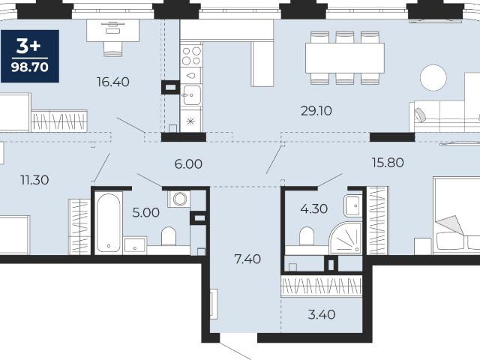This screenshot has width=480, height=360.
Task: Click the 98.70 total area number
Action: [30, 67]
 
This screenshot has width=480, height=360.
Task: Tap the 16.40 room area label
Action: [113, 82]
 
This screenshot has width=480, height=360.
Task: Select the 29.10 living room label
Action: [316, 111]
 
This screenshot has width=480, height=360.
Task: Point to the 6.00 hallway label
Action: [188, 164]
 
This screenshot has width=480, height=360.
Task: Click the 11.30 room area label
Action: [34, 180]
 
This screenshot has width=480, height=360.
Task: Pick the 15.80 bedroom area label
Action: [388, 163]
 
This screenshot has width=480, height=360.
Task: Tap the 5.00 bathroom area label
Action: [146, 212]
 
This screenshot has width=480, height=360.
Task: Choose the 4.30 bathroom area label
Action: [314, 208]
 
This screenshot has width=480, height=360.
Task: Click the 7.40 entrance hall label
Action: [247, 259]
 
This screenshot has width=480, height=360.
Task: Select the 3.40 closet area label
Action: [322, 314]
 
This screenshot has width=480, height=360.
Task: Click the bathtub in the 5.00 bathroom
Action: [108, 223]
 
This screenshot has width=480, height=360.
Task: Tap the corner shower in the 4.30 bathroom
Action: [346, 238]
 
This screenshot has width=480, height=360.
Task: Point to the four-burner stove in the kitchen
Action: [191, 55]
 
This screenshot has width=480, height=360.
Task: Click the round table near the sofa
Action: [433, 78]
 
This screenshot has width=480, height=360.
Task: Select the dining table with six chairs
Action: [345, 58]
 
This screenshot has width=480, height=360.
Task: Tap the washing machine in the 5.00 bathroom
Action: [178, 199]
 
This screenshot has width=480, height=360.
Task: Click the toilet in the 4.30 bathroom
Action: [307, 236]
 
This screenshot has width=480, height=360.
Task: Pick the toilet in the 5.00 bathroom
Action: [169, 236]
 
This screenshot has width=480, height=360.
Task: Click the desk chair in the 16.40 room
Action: [113, 49]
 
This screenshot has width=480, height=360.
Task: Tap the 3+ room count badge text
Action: [28, 46]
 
